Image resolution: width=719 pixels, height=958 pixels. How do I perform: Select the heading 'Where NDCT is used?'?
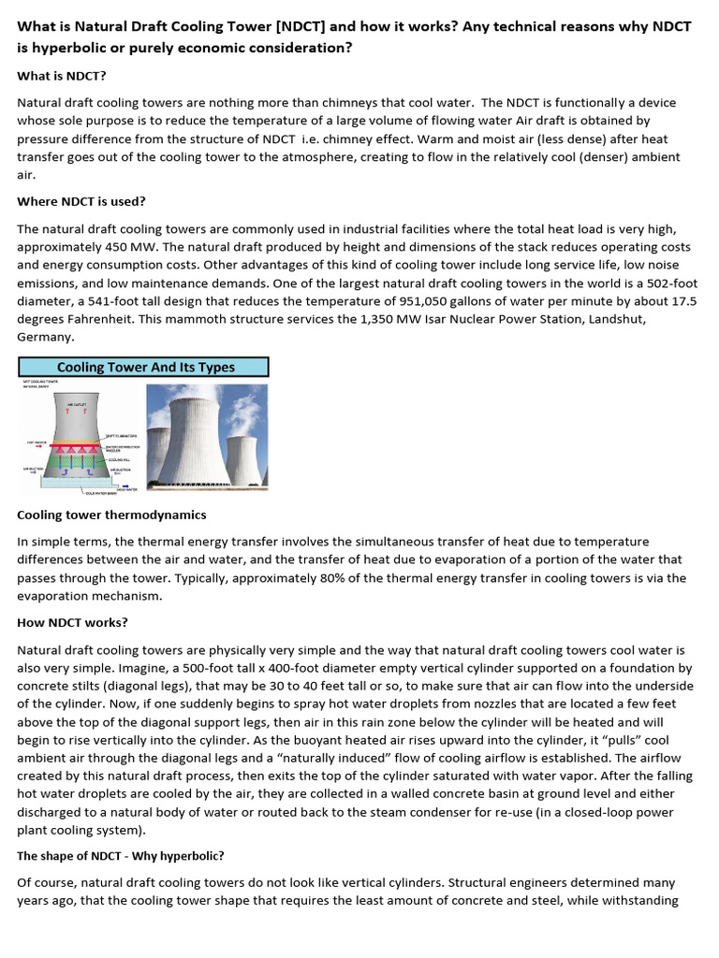click(81, 201)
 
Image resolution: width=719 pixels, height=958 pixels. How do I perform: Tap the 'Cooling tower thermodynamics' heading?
click(111, 515)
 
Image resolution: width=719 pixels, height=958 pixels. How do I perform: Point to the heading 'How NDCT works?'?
click(73, 621)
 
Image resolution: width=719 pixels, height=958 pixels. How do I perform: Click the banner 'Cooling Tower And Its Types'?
click(145, 367)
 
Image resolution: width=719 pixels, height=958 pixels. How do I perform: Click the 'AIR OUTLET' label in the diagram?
click(77, 403)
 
